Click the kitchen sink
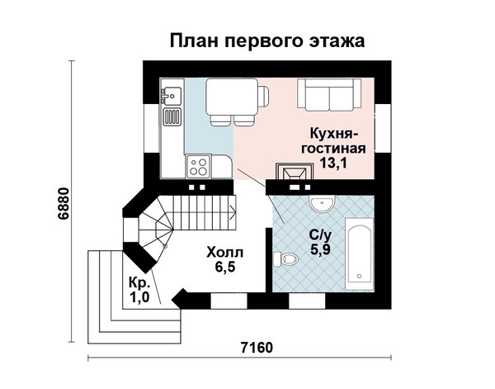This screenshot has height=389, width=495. pos(172,96)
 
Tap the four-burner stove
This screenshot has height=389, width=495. pos(199,167)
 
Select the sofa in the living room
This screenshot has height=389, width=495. pos(329,95)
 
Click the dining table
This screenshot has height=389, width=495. pos(232,97)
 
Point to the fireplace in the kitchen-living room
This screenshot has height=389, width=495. pos(295,172)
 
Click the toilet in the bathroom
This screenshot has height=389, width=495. pos(286,259)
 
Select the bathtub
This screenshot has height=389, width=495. pos(359,254)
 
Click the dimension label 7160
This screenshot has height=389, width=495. pos(257,348)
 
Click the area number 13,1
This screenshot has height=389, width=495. pos(333,163)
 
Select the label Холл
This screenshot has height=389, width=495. pos(225,253)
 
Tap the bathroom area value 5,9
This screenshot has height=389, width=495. pos(320,249)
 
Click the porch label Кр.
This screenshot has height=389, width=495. pos(139,282)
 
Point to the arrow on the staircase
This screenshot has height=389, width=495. pos(233,212)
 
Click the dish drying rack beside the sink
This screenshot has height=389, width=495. pos(172,116)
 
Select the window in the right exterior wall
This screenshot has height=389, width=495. pos(383,128)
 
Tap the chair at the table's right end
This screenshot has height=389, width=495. pos(263,97)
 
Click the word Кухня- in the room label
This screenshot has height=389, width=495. pos(333,133)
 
